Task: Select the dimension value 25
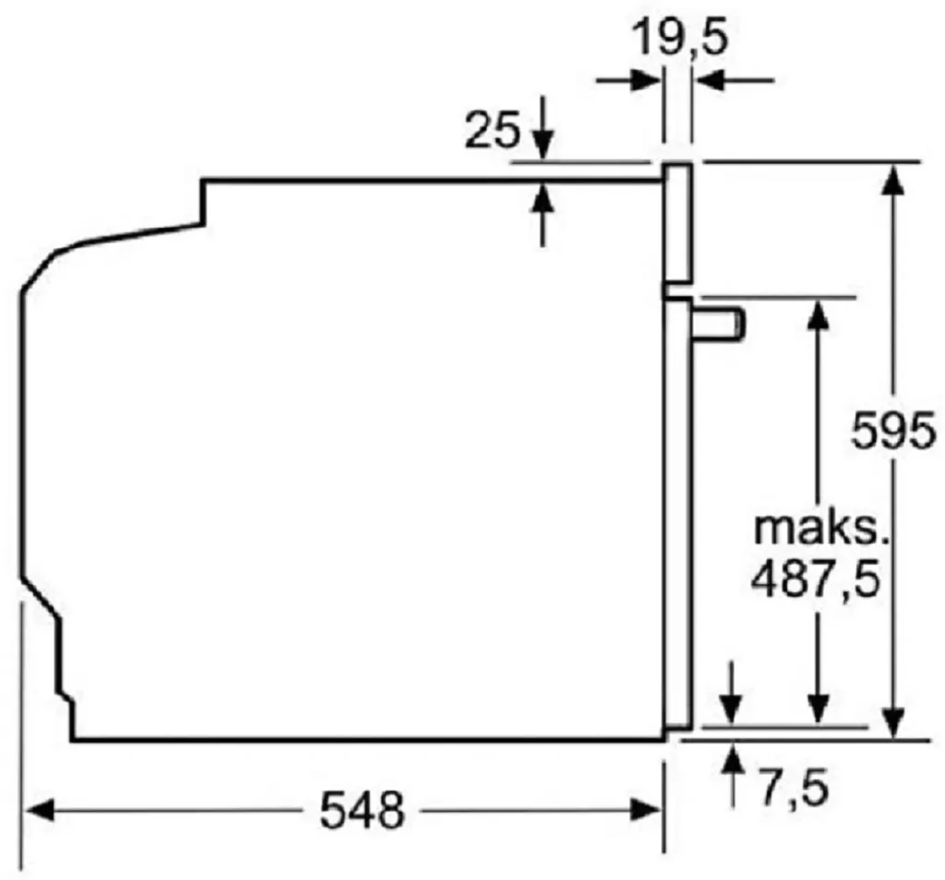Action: click(x=491, y=132)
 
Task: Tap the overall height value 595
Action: click(x=892, y=432)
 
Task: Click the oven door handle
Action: click(x=720, y=324)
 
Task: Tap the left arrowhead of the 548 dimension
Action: click(x=37, y=811)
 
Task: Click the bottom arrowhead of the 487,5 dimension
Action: click(x=817, y=710)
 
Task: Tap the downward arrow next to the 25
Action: click(x=543, y=144)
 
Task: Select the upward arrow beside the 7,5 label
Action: click(x=733, y=761)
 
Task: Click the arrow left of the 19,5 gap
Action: click(x=646, y=81)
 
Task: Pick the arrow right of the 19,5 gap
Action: click(x=711, y=81)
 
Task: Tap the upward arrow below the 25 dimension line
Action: click(x=543, y=199)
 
